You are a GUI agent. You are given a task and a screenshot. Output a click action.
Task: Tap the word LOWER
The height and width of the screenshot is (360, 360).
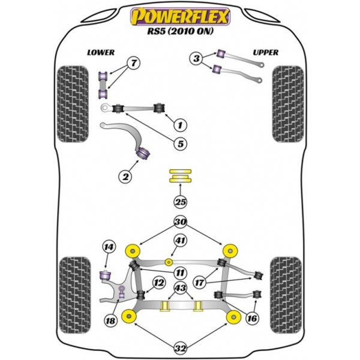[101, 53]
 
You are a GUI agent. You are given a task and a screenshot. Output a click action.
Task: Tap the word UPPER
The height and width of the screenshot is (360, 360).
[265, 53]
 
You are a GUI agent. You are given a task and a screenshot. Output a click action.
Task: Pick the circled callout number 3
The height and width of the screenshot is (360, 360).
[196, 59]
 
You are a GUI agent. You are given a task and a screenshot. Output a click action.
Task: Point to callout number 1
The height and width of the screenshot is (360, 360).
[179, 125]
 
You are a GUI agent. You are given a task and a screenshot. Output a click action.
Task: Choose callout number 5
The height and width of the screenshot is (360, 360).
[179, 145]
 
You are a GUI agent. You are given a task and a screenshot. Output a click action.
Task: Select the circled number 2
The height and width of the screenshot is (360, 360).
[125, 176]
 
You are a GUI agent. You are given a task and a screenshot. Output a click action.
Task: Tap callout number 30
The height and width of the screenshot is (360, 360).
[179, 221]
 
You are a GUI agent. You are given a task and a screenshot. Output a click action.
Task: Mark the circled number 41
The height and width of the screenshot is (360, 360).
[179, 242]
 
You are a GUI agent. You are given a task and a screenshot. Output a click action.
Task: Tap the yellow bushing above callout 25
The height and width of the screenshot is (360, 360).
[179, 176]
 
